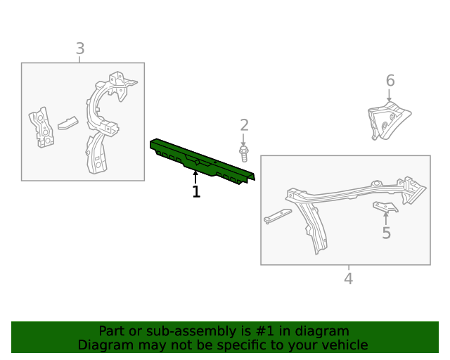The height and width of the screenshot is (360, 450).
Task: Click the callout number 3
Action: pyautogui.click(x=80, y=49)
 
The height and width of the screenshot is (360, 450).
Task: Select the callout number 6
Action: pyautogui.click(x=390, y=80)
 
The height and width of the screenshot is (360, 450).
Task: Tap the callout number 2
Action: pyautogui.click(x=244, y=125)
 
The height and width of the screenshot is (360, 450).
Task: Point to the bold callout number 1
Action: pyautogui.click(x=196, y=191)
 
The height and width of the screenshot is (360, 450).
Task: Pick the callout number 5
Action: pyautogui.click(x=387, y=233)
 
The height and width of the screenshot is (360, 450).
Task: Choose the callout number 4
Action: pyautogui.click(x=349, y=278)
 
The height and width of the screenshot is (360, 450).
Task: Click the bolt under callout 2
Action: pyautogui.click(x=244, y=153)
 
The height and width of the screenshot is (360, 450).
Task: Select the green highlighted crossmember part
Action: pyautogui.click(x=202, y=161)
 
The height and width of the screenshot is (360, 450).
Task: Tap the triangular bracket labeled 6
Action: pyautogui.click(x=389, y=120)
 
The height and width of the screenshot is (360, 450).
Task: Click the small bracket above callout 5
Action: pyautogui.click(x=385, y=207)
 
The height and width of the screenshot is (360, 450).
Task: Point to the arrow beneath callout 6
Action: pyautogui.click(x=389, y=96)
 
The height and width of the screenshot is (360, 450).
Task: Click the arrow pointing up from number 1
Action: pyautogui.click(x=195, y=177)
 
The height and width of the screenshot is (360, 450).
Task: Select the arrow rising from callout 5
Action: pyautogui.click(x=386, y=219)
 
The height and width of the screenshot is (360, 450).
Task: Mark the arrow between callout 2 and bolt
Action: pyautogui.click(x=243, y=140)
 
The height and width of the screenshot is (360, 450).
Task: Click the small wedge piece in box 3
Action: pyautogui.click(x=68, y=123)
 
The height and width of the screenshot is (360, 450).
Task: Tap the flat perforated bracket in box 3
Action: pyautogui.click(x=41, y=127)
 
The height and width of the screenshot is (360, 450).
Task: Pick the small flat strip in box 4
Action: pyautogui.click(x=278, y=216)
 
